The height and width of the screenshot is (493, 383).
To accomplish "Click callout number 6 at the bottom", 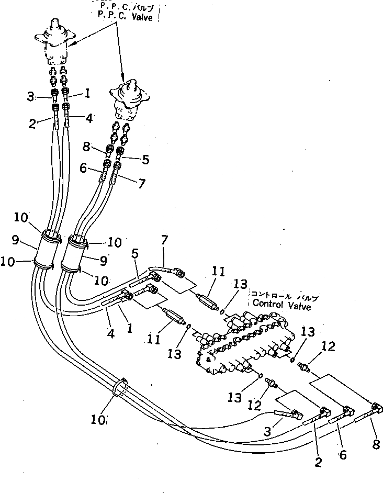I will coord(343,455).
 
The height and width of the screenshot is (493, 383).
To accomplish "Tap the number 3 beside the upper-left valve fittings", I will coord(31,96).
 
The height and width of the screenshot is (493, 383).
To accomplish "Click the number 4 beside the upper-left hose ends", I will coord(89,118).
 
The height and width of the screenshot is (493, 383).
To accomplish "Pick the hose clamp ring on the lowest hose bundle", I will coord(121,389).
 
